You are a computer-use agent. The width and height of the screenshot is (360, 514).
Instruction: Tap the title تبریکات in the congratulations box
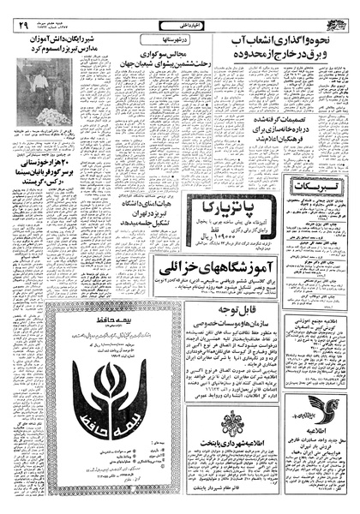309,186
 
